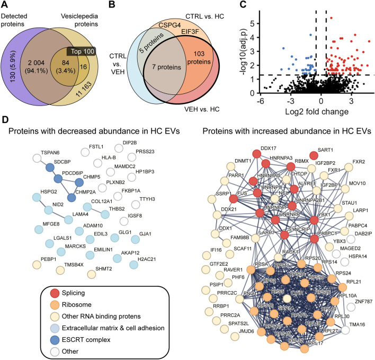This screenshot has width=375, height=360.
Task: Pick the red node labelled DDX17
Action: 257,154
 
